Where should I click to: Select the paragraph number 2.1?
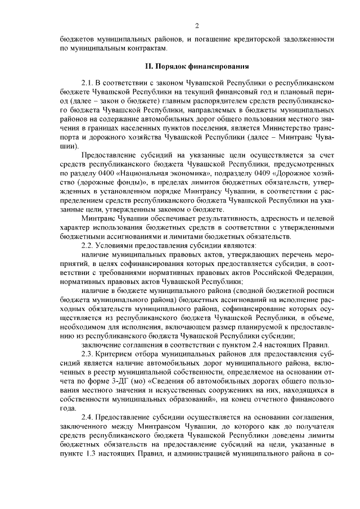point(89,82)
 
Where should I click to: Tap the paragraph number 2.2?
point(89,246)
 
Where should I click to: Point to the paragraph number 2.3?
point(89,354)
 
